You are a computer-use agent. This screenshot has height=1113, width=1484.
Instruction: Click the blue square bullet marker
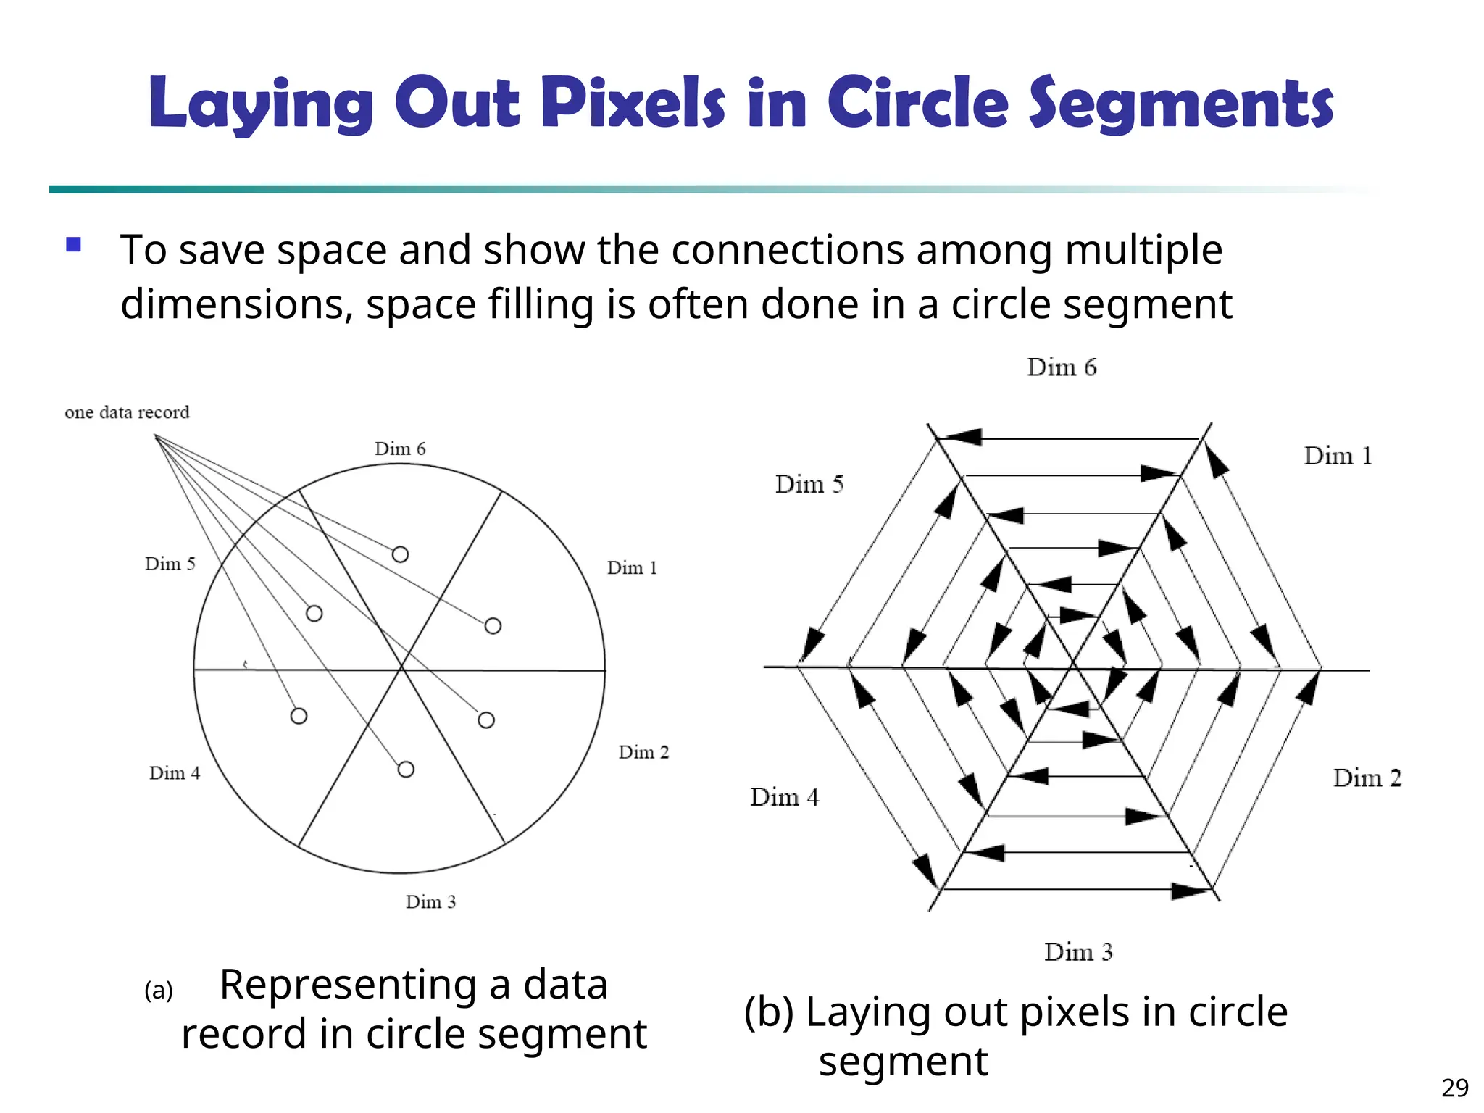(x=73, y=245)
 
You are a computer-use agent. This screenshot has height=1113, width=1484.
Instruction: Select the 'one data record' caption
(x=127, y=412)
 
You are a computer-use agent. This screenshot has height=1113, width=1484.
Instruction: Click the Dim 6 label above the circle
(x=400, y=449)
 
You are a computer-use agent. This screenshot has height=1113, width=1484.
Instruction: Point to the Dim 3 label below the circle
(x=430, y=902)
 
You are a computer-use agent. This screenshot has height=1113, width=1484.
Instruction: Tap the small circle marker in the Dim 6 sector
(x=400, y=554)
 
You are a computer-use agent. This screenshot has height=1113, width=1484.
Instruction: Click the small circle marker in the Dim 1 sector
(x=493, y=625)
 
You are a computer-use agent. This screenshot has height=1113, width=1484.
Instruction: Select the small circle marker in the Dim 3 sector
(x=406, y=769)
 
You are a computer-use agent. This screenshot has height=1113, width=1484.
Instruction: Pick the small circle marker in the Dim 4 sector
(x=299, y=716)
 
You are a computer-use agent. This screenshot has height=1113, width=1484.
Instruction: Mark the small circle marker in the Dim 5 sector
(x=314, y=614)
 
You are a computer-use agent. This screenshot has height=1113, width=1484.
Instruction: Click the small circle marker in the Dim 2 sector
(x=486, y=720)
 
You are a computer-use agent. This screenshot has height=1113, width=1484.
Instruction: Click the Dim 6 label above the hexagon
(x=1062, y=367)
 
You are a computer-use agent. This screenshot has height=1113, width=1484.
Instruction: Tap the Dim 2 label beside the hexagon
(x=1367, y=778)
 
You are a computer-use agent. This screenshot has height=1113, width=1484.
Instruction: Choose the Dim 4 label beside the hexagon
(x=785, y=797)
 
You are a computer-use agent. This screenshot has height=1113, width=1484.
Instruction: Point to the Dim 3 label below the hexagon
(x=1078, y=952)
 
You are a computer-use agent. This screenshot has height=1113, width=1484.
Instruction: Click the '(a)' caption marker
(x=159, y=990)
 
